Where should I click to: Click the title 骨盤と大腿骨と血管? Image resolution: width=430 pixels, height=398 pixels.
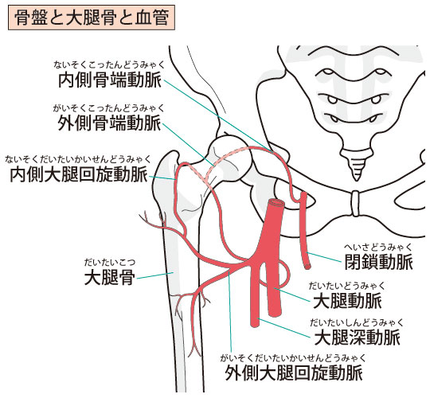tap(92, 18)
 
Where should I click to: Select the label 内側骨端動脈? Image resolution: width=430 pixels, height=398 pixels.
tap(110, 80)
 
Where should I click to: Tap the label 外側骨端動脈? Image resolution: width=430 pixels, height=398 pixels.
tap(109, 123)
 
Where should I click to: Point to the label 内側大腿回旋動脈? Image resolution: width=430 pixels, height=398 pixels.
tap(79, 175)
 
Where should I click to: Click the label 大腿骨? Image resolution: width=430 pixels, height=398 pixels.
tap(110, 277)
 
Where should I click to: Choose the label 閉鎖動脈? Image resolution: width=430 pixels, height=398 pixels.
tap(379, 263)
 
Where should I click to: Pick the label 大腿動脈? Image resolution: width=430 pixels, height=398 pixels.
tap(347, 301)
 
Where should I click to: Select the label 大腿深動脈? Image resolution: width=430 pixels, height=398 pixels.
tap(357, 338)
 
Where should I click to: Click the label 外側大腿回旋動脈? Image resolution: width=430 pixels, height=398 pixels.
tap(294, 373)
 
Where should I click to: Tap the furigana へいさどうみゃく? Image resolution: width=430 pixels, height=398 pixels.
tap(378, 248)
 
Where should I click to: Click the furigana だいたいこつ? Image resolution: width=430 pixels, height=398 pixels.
tap(110, 263)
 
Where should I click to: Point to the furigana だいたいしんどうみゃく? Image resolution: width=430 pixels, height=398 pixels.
tap(357, 323)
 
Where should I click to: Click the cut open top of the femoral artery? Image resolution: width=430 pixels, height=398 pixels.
tap(276, 203)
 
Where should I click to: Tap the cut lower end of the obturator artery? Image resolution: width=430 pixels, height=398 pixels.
tap(307, 265)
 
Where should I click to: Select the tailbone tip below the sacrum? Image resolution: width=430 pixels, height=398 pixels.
tap(356, 176)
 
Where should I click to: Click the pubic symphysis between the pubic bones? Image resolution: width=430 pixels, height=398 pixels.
tap(355, 204)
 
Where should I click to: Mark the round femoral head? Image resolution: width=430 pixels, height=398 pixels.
tap(230, 158)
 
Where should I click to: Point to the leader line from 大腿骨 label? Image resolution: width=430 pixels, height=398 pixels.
tap(155, 275)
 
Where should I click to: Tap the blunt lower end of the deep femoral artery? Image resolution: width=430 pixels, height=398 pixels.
tap(255, 323)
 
